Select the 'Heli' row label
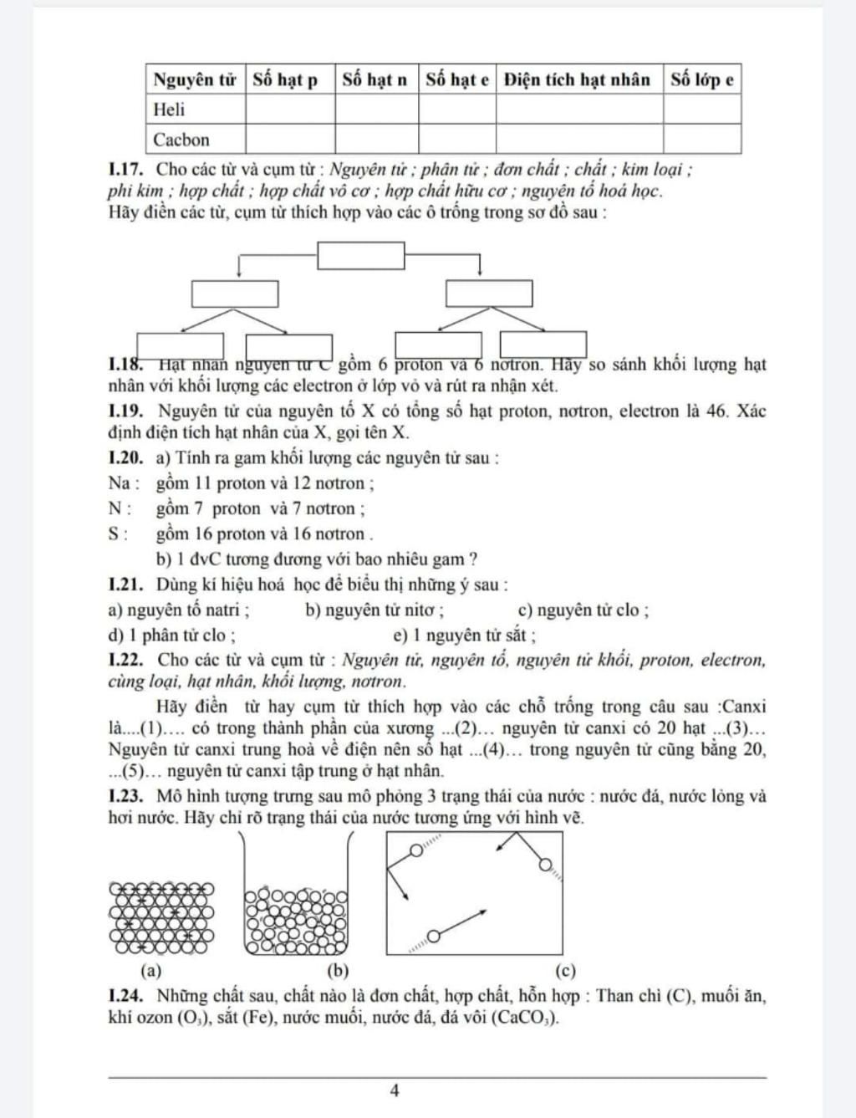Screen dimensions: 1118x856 point(169,110)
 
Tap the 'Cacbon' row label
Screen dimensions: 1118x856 point(181,140)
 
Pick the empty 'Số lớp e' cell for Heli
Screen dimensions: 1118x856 point(702,110)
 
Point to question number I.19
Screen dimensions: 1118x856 point(128,411)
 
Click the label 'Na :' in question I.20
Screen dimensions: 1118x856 point(125,483)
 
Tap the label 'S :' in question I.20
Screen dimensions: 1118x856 point(119,534)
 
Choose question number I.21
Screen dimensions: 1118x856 point(128,585)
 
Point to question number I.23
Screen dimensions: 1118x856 point(128,796)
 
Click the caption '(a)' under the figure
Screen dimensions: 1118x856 point(151,971)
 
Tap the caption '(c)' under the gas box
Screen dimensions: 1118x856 point(565,971)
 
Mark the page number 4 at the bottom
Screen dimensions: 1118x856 point(395,1090)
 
